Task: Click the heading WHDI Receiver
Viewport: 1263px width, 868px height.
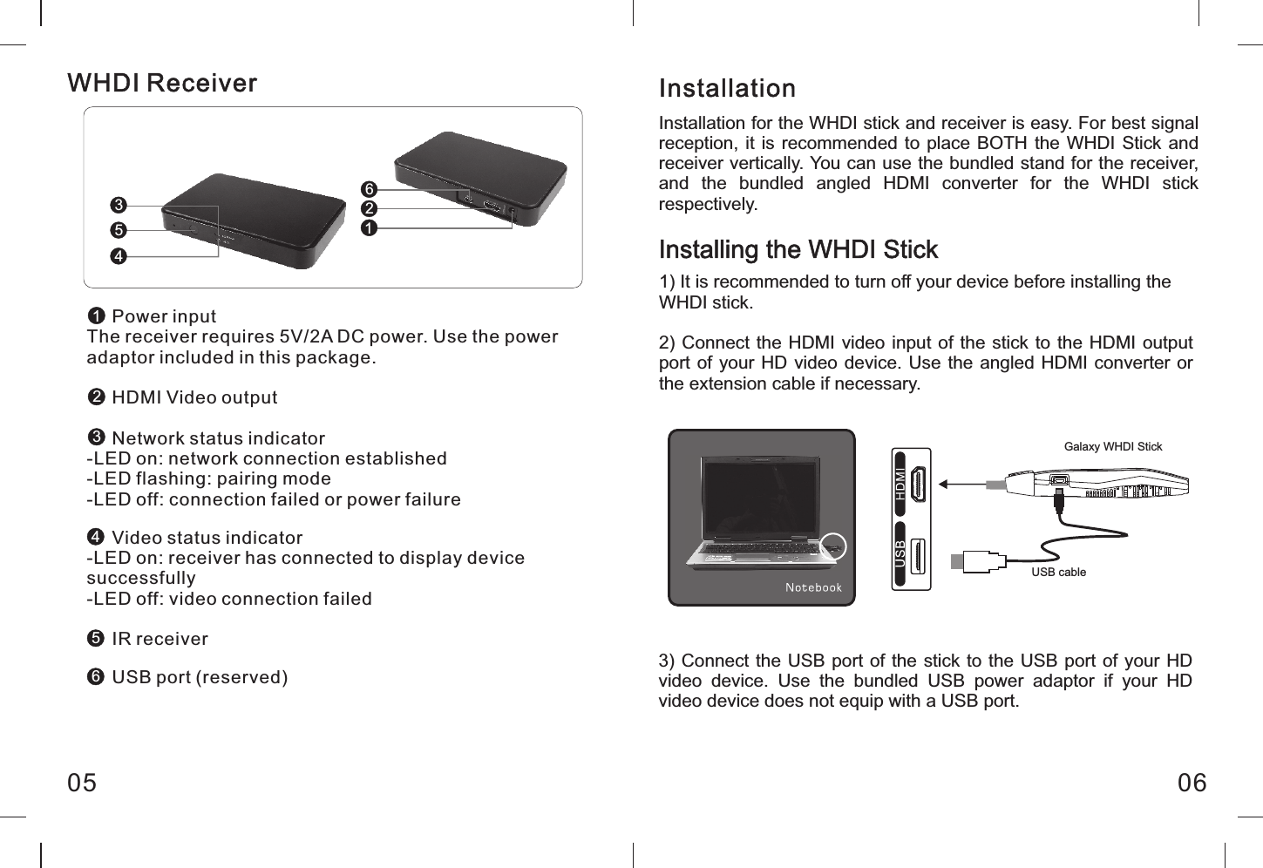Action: click(x=162, y=83)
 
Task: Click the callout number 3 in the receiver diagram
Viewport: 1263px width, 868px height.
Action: click(x=119, y=206)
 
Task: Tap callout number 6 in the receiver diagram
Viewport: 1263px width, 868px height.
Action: click(x=369, y=190)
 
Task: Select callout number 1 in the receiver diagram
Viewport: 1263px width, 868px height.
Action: click(x=369, y=228)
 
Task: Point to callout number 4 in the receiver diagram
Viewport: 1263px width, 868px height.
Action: click(x=119, y=256)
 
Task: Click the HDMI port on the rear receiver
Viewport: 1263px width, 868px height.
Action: click(x=492, y=208)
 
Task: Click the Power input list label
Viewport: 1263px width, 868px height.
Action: click(x=163, y=316)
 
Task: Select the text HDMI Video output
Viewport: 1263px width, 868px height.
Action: click(x=194, y=397)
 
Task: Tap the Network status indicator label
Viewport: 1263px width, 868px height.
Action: click(x=218, y=438)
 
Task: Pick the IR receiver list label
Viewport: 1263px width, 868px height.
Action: click(x=160, y=639)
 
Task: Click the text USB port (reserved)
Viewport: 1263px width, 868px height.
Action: click(x=200, y=677)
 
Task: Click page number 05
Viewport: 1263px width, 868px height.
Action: click(x=83, y=783)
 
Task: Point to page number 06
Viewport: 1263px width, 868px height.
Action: click(x=1192, y=783)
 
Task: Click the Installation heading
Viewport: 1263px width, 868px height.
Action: click(x=727, y=89)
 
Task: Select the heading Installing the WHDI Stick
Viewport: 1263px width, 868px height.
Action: click(x=798, y=250)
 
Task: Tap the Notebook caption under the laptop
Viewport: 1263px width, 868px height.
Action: click(x=813, y=587)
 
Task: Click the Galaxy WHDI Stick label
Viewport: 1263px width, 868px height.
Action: click(x=1113, y=446)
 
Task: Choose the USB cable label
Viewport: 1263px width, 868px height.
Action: click(x=1058, y=573)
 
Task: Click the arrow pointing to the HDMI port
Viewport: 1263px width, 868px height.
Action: click(x=959, y=485)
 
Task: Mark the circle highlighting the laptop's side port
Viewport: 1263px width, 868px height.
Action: click(x=834, y=546)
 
